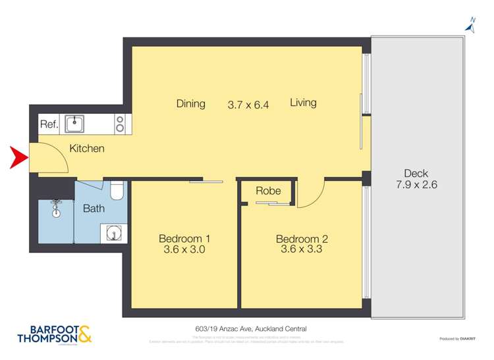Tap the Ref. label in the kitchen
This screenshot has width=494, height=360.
49,124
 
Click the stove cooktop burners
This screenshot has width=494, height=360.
121,124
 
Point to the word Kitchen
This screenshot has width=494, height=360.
87,149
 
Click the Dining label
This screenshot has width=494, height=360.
190,103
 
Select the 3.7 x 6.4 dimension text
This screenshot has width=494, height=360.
248,104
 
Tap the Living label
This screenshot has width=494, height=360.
303,103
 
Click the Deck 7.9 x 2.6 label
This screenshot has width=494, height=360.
416,179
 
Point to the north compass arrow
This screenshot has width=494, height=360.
470,26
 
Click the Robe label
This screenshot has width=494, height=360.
268,191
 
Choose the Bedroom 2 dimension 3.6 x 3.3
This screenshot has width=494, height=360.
301,249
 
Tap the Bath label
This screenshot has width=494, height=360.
94,209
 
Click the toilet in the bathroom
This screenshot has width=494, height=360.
117,190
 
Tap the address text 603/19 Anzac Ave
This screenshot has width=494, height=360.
247,328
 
